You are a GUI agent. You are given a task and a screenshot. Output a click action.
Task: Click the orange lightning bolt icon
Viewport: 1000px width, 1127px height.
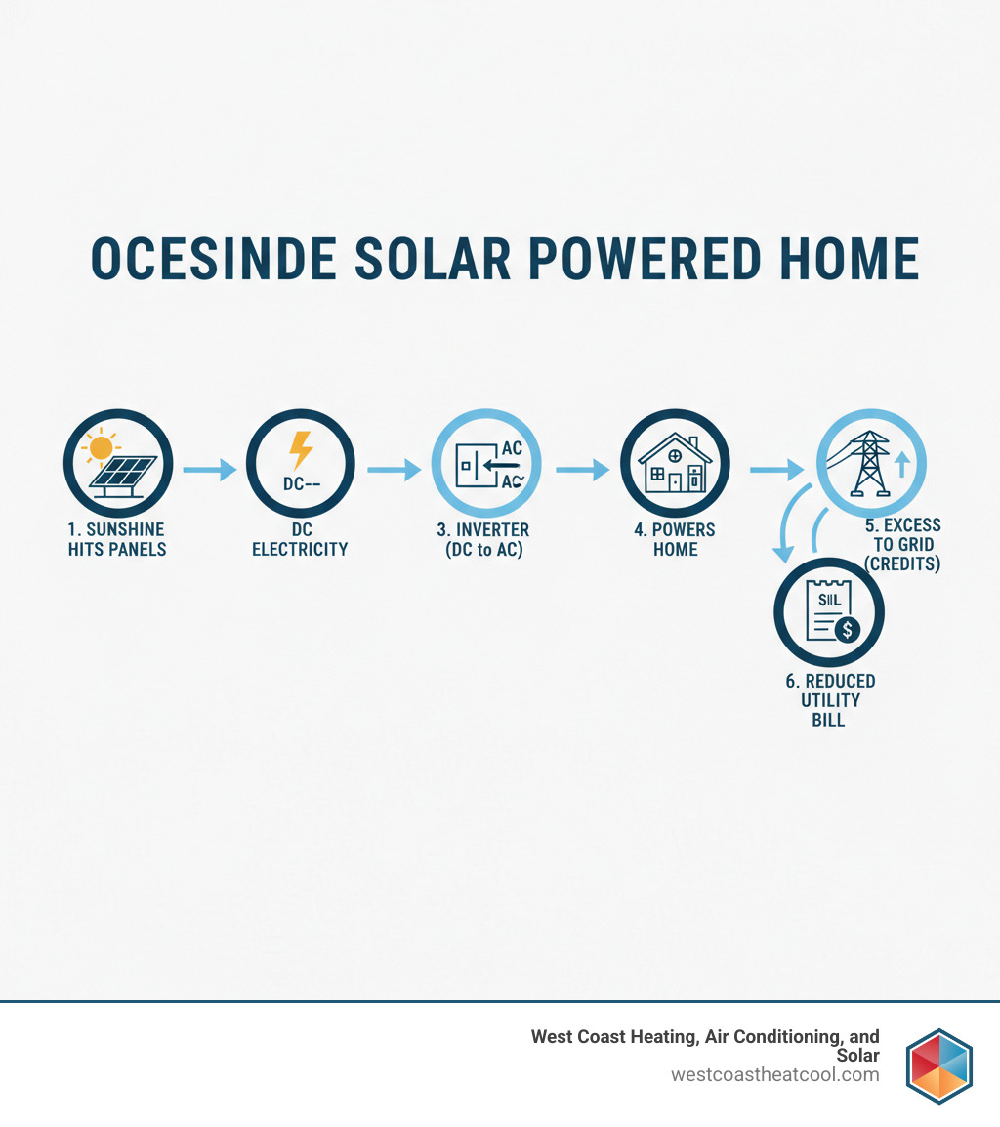tap(301, 451)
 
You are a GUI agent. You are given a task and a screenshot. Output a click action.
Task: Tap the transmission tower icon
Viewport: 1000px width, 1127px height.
tap(865, 462)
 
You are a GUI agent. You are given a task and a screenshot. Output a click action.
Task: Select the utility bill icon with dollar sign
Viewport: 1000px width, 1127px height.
tap(828, 612)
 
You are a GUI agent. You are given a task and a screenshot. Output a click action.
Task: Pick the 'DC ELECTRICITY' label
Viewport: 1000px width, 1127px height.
tap(300, 539)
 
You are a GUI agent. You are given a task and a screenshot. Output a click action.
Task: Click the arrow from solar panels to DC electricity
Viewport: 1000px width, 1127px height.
tap(209, 470)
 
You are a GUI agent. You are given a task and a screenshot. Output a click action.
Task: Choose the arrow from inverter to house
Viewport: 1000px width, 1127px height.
tap(582, 470)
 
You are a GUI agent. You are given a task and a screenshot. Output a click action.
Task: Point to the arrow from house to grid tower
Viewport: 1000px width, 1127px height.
tap(776, 470)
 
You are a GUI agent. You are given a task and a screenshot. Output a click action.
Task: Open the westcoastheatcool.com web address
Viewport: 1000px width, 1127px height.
tap(774, 1075)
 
